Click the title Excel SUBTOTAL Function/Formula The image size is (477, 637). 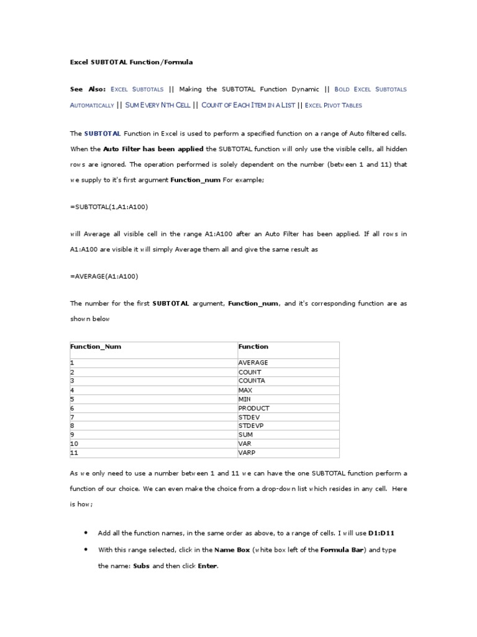click(x=132, y=62)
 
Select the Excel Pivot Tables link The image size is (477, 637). click(x=334, y=106)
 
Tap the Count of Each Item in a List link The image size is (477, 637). click(x=248, y=106)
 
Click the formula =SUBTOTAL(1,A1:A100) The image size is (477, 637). click(x=109, y=207)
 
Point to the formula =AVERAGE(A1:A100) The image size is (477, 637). click(x=104, y=276)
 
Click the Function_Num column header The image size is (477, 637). click(x=96, y=347)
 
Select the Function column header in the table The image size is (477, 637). click(x=253, y=347)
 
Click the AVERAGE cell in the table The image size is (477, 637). click(x=253, y=363)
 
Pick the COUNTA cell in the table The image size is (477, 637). click(x=252, y=381)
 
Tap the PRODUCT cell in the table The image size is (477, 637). click(x=254, y=408)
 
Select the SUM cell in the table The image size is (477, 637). click(x=245, y=435)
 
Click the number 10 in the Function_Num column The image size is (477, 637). click(x=74, y=444)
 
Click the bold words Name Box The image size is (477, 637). click(x=232, y=550)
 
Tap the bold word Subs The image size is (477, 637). click(x=142, y=567)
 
